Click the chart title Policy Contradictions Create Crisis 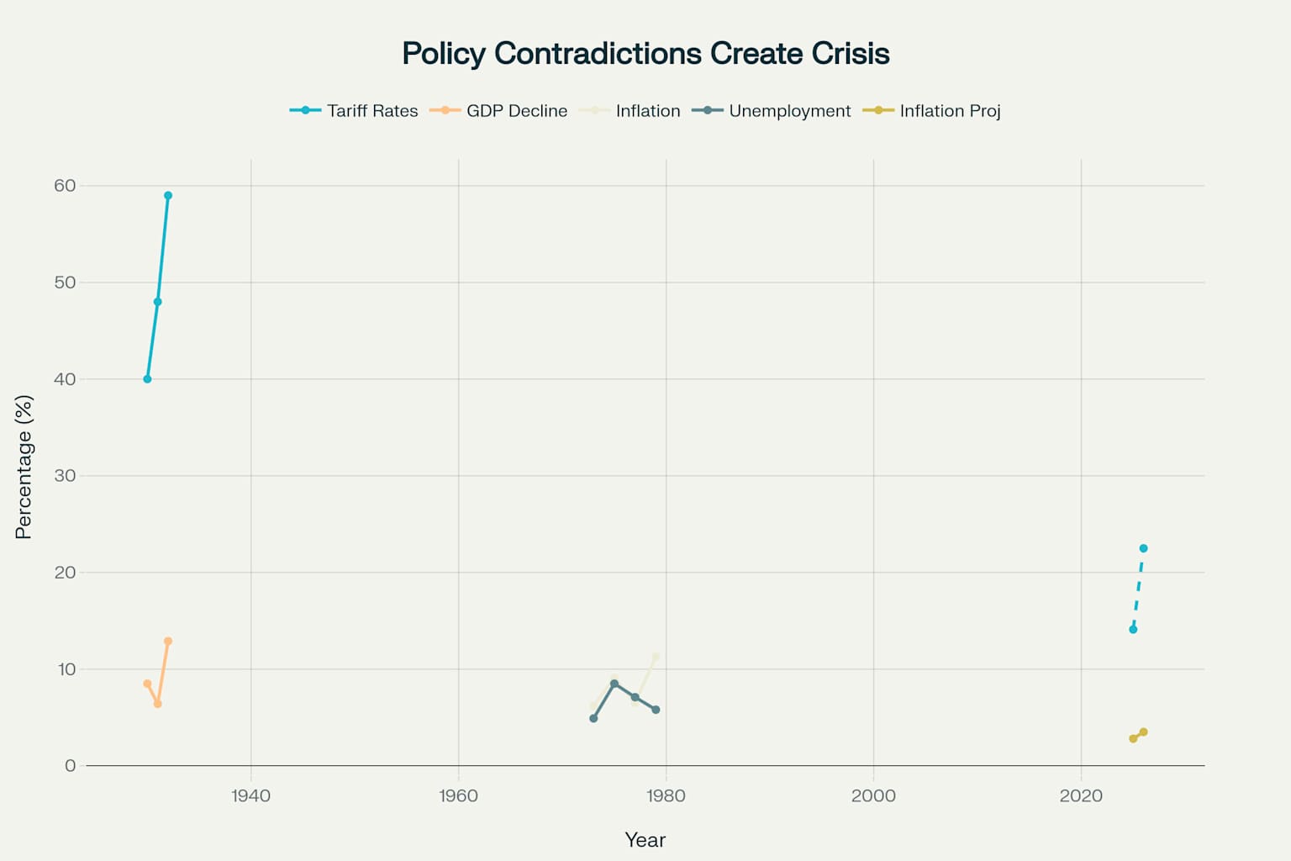[645, 54]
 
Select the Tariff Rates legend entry [354, 111]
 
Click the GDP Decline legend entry [498, 111]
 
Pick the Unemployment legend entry [772, 111]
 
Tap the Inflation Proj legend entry [931, 111]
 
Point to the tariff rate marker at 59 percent [168, 195]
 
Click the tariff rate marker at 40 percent [147, 379]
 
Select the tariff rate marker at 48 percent [157, 302]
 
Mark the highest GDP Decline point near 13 [168, 642]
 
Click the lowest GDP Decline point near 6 [157, 704]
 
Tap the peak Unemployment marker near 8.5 [614, 684]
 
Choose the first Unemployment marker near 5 [593, 719]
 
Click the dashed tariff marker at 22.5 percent [1143, 548]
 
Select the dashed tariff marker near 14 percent [1133, 630]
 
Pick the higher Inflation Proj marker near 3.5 [1143, 732]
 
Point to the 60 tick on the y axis [65, 186]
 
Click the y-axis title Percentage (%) [24, 467]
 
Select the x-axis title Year [645, 840]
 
